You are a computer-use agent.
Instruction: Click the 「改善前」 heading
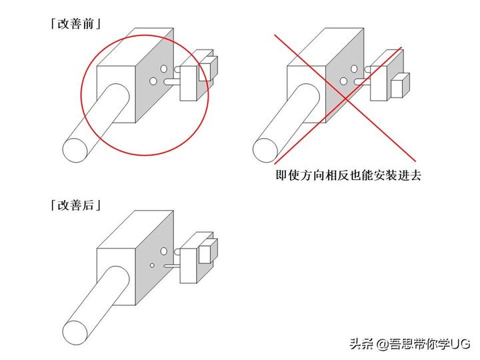75,23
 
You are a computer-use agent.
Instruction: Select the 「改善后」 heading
75,205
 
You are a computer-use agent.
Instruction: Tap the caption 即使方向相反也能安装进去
348,175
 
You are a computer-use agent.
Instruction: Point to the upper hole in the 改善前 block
164,69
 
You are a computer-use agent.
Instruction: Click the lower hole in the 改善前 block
153,81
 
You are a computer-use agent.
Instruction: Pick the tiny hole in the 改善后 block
152,265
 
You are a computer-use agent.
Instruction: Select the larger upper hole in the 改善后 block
164,251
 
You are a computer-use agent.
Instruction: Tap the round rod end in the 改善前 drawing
75,150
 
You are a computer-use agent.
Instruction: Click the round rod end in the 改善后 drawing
75,333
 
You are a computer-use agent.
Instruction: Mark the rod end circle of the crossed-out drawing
265,150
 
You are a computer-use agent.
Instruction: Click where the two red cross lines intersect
346,98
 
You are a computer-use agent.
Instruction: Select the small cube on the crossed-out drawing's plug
401,85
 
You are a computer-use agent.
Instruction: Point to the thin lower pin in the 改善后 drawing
173,266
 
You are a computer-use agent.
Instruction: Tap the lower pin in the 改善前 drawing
173,82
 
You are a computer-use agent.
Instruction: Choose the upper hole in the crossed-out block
354,69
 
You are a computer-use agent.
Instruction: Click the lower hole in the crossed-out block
343,81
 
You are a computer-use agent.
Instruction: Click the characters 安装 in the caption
379,175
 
